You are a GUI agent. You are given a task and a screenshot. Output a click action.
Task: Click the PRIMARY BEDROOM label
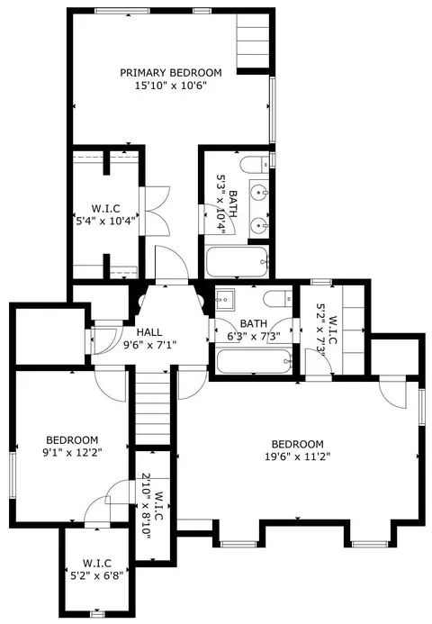pyautogui.click(x=171, y=73)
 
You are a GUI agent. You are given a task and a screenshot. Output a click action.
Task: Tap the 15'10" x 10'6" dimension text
pyautogui.click(x=171, y=86)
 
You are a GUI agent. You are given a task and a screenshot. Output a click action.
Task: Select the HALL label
pyautogui.click(x=149, y=332)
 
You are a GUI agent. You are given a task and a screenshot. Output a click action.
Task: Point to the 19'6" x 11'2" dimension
pyautogui.click(x=298, y=457)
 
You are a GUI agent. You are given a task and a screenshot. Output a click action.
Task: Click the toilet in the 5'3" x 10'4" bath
pyautogui.click(x=255, y=165)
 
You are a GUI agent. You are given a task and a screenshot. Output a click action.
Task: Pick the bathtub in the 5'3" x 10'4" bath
pyautogui.click(x=237, y=262)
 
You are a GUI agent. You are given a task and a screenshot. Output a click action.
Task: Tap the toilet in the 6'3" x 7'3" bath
pyautogui.click(x=278, y=298)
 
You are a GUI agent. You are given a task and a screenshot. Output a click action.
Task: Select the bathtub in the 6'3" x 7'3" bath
pyautogui.click(x=255, y=361)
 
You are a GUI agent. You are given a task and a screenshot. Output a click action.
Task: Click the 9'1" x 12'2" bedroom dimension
pyautogui.click(x=72, y=453)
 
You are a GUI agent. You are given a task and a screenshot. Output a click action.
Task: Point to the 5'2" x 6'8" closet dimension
pyautogui.click(x=96, y=575)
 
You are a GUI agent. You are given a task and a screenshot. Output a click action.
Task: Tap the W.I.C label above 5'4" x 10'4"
pyautogui.click(x=105, y=209)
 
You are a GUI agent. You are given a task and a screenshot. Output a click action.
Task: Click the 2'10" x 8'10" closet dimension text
pyautogui.click(x=147, y=506)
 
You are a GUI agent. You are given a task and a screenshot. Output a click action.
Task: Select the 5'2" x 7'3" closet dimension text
pyautogui.click(x=321, y=328)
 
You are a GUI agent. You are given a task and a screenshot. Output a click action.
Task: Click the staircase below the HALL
pyautogui.click(x=154, y=408)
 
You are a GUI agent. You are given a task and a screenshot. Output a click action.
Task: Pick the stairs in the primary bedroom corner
pyautogui.click(x=254, y=41)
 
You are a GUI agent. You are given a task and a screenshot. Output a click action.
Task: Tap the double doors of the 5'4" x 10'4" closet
pyautogui.click(x=157, y=211)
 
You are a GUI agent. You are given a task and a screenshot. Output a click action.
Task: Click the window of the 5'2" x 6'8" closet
pyautogui.click(x=97, y=614)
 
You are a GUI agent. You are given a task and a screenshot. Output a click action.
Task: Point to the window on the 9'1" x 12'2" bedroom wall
pyautogui.click(x=13, y=475)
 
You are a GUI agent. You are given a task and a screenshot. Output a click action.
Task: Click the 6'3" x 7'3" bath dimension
pyautogui.click(x=254, y=336)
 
